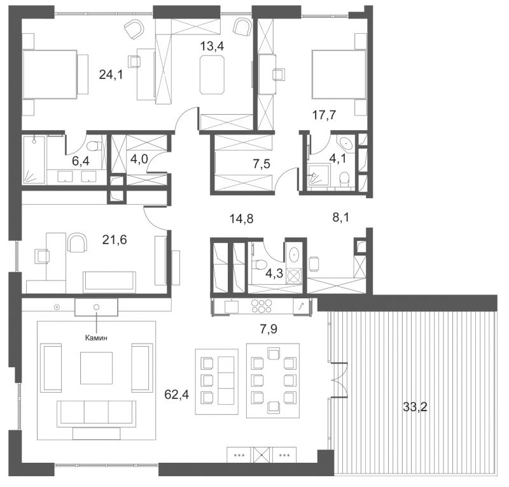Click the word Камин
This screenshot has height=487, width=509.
point(96,338)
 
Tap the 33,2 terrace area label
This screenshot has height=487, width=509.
point(415,407)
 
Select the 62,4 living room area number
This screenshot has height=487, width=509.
point(177,395)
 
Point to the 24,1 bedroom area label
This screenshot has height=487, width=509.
point(111,75)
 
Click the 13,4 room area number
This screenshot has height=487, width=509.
point(212,47)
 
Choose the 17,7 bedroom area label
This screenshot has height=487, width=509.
point(324,115)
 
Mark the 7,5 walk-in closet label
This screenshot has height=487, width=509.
point(261,164)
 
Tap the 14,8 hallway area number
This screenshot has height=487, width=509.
point(242,219)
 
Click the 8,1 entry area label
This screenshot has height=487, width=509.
point(341,217)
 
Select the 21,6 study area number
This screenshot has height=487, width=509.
point(115,240)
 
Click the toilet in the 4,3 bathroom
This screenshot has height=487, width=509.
point(260,263)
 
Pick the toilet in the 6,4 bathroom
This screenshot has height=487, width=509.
point(94,145)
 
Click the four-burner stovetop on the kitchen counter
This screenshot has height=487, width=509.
point(261,306)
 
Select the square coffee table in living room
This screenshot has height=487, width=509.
point(97,368)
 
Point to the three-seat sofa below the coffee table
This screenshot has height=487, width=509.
point(97,414)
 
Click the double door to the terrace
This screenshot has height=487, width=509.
point(339,380)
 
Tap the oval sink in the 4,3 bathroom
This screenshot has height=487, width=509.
point(295,254)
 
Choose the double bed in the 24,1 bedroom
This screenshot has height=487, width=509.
point(55,74)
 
